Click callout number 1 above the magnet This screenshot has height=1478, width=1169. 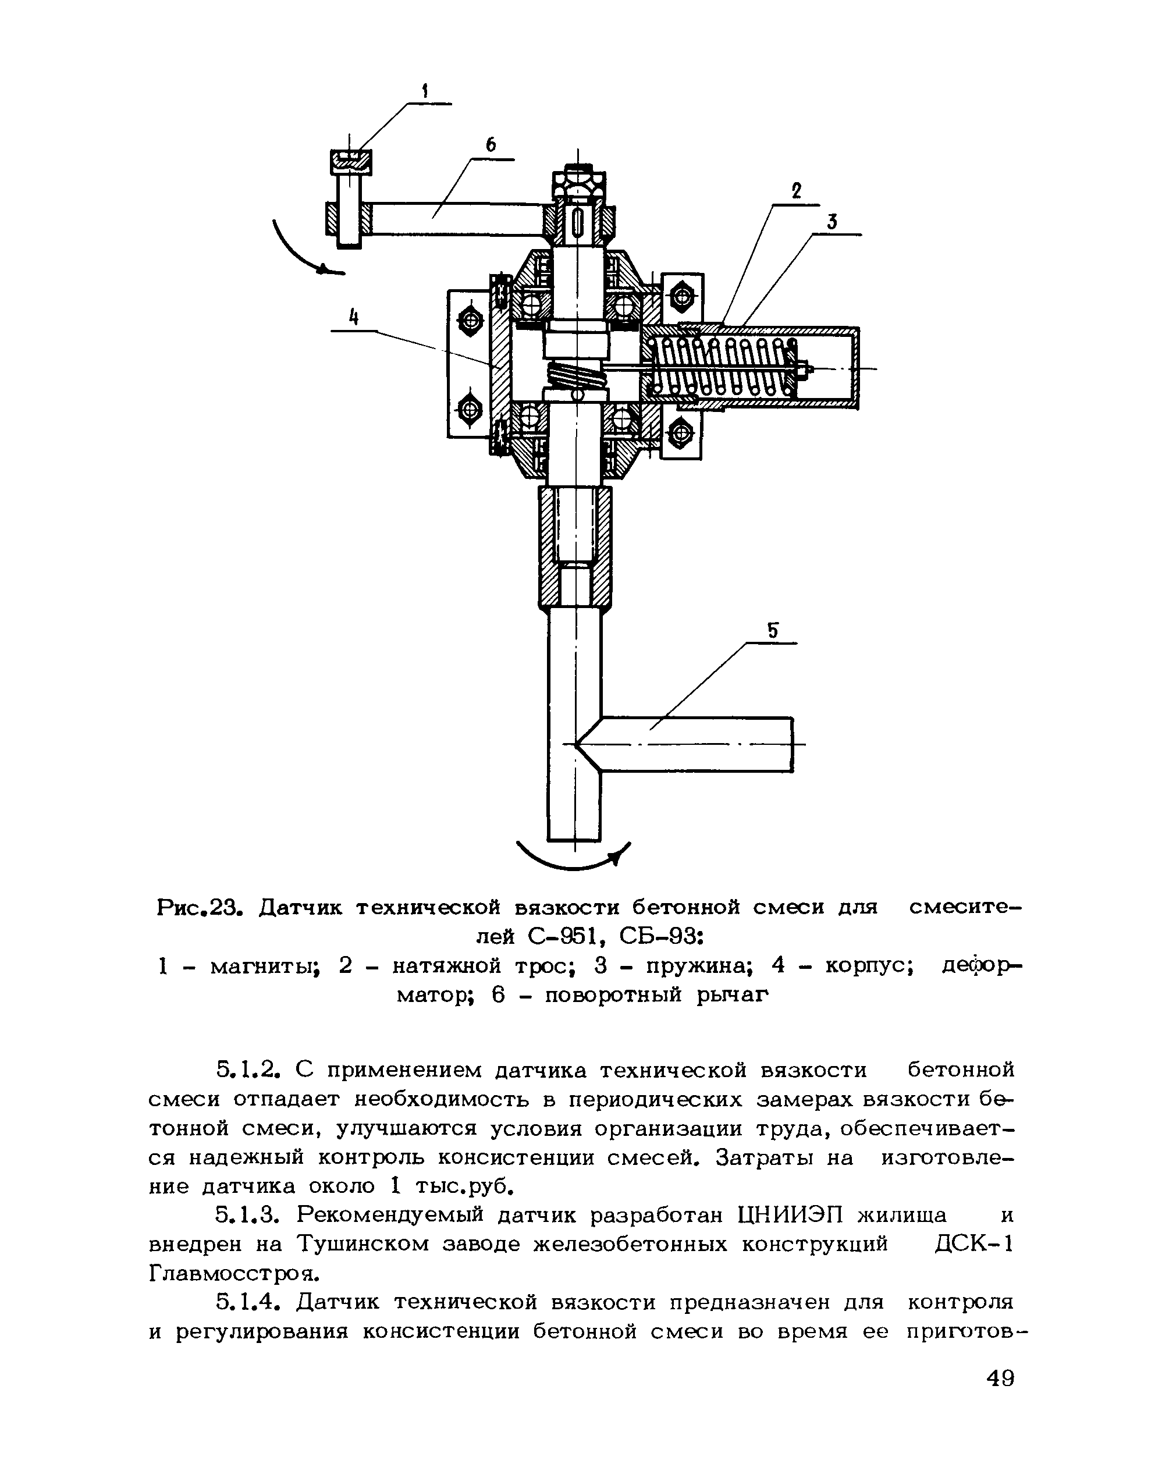(424, 90)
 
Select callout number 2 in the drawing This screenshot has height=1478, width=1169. (796, 191)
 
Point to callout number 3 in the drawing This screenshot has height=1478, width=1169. (832, 222)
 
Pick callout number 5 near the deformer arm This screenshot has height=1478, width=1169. (773, 630)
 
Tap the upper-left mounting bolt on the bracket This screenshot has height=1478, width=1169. (470, 318)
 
